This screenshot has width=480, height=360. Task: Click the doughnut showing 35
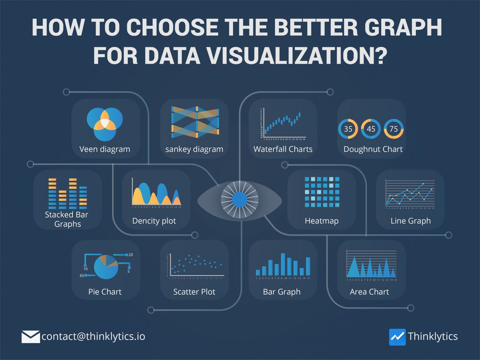[348, 129]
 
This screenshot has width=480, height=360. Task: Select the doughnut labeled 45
[371, 129]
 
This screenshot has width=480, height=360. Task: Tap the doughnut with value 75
[393, 129]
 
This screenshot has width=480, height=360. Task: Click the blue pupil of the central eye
[240, 200]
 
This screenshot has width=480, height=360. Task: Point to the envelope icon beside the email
[31, 337]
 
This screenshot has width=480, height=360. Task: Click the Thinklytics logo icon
[397, 337]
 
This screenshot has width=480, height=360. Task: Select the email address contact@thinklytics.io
[93, 337]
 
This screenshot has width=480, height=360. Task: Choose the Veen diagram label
[105, 149]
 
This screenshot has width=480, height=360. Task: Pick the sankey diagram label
[194, 149]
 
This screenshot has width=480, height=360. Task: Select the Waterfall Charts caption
[283, 149]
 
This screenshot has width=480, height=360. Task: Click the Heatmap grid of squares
[322, 192]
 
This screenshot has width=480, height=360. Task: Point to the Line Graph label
[410, 221]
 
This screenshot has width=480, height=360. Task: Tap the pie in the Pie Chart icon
[106, 267]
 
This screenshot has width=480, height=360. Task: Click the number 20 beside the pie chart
[131, 255]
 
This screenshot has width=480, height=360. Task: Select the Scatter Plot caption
[194, 292]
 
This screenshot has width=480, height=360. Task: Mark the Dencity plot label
[154, 221]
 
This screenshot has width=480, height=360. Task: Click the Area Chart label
[369, 292]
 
